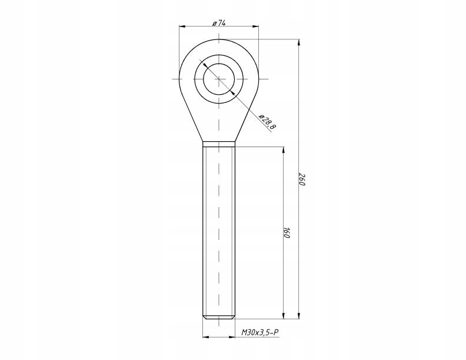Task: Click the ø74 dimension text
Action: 219,23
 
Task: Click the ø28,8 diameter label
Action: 267,122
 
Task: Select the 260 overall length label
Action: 302,179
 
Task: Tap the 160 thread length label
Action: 286,232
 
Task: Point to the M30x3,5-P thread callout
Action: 260,332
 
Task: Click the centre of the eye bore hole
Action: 219,79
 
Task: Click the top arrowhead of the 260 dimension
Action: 299,42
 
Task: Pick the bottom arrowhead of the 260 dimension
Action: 299,315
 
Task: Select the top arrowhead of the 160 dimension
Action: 283,150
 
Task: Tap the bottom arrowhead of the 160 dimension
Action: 283,315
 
